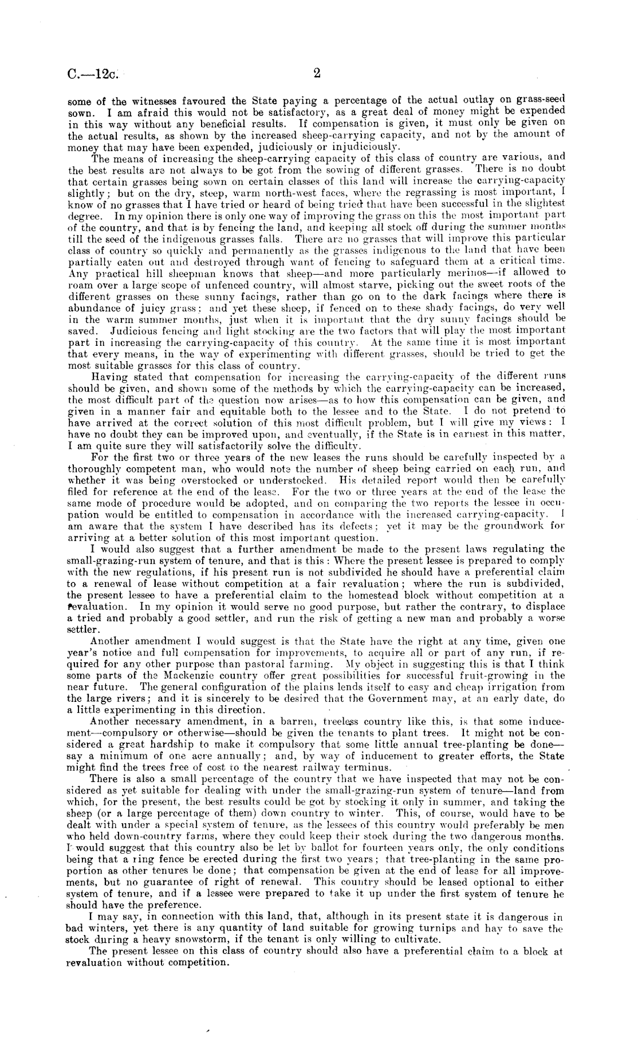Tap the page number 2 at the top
(317, 73)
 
